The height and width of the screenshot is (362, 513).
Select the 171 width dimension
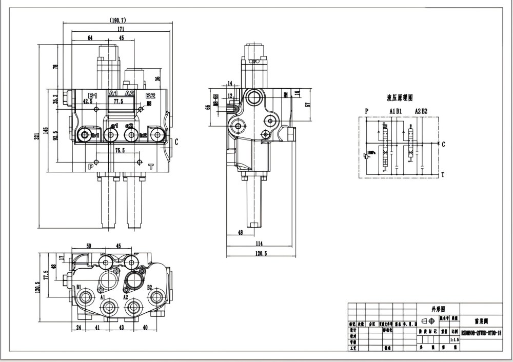point(120,29)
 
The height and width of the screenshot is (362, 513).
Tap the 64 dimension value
point(90,38)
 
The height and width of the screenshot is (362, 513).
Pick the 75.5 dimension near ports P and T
point(120,151)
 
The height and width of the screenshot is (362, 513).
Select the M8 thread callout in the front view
point(149,104)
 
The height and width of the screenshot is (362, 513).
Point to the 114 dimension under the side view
point(259,244)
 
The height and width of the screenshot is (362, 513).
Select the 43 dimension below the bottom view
point(122,327)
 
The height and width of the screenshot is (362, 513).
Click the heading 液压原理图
point(399,97)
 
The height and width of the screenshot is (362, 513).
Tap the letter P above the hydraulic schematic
point(366,111)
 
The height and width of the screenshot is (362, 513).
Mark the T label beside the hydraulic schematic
point(443,174)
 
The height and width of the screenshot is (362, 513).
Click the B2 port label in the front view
point(150,95)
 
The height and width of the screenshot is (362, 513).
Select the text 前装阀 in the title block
point(480,321)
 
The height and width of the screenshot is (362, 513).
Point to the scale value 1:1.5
point(453,339)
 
